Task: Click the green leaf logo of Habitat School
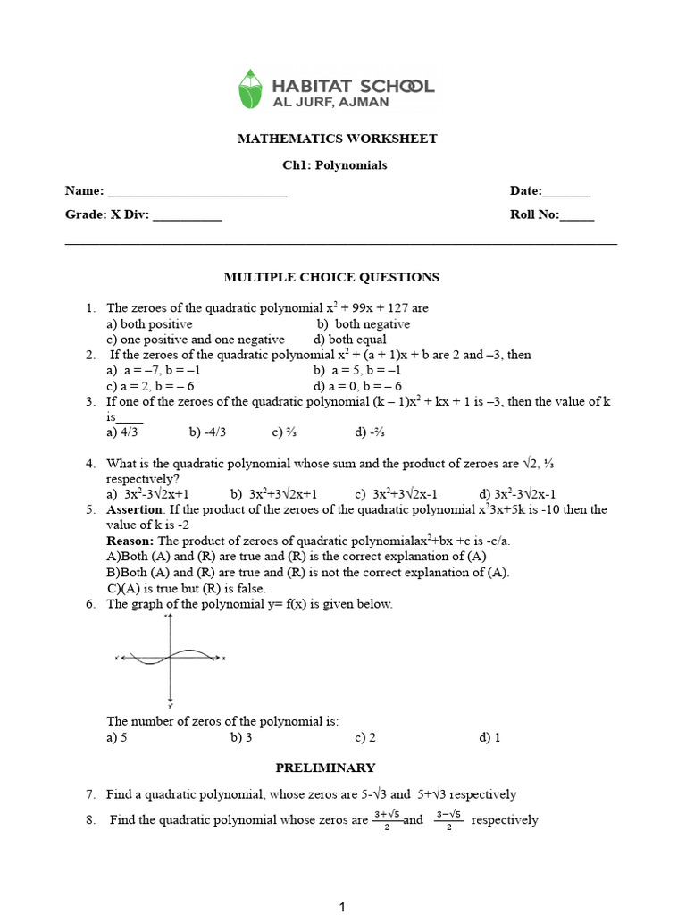coord(253,89)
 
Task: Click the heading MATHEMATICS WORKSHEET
coord(337,139)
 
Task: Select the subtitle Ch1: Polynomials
coord(335,165)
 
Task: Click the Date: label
coord(526,190)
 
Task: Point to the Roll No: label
coord(534,215)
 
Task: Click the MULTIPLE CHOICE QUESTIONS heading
coord(330,277)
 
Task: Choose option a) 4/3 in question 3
coord(121,432)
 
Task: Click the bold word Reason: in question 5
coord(130,541)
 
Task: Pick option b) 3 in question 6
coord(241,737)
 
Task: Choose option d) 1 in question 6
coord(489,737)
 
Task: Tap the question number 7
coord(91,793)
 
